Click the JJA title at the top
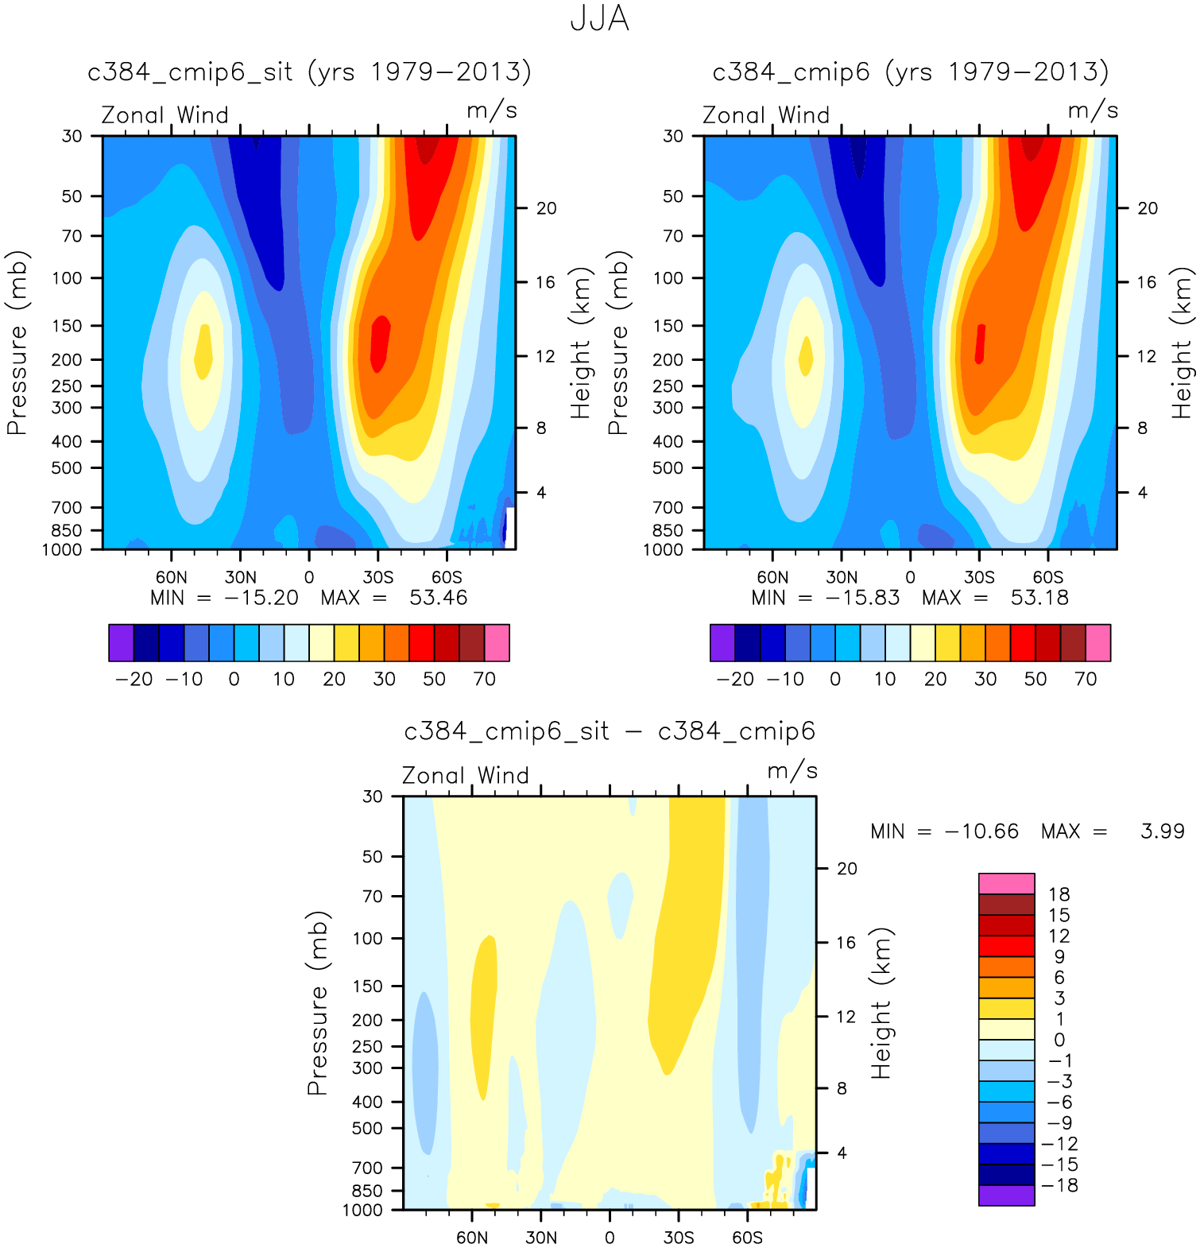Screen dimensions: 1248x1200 point(600,19)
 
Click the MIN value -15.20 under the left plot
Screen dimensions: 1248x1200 point(261,598)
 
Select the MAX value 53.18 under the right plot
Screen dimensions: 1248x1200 point(1039,598)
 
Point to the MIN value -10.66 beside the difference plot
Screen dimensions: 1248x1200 point(981,831)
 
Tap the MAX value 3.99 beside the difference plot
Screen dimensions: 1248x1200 point(1162,831)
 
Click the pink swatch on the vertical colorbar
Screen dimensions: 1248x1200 point(1006,883)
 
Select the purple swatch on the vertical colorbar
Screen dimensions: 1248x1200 point(1006,1196)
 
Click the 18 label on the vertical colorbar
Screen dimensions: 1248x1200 point(1059,894)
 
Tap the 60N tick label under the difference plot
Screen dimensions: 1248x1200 point(472,1238)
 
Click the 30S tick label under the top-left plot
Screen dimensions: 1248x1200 point(377,577)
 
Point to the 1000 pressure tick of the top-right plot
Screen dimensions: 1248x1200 point(663,549)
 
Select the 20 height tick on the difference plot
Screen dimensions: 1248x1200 point(847,868)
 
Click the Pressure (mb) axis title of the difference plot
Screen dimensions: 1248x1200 point(318,1003)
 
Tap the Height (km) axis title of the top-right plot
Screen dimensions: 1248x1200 point(1183,343)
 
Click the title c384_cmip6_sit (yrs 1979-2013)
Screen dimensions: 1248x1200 point(309,72)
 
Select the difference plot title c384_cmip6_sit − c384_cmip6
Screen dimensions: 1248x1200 point(610,731)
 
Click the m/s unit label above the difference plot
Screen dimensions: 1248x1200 point(792,770)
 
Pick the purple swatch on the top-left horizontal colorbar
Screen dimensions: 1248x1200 point(121,642)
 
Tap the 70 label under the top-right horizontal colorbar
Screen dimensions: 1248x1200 point(1086,679)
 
